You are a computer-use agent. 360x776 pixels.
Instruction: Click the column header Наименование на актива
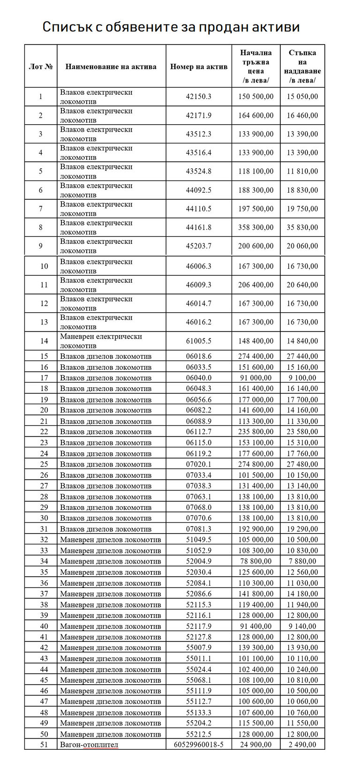pyautogui.click(x=111, y=67)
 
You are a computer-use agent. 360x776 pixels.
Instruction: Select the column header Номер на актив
pyautogui.click(x=199, y=67)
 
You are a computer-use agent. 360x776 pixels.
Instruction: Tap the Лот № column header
pyautogui.click(x=41, y=67)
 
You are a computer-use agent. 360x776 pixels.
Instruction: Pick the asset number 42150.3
pyautogui.click(x=199, y=97)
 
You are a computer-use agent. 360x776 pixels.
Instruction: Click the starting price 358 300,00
pyautogui.click(x=256, y=227)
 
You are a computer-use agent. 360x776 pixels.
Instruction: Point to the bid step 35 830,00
pyautogui.click(x=302, y=227)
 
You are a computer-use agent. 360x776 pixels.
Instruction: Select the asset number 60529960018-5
pyautogui.click(x=199, y=745)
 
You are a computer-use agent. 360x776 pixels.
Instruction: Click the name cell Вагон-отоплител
pyautogui.click(x=89, y=745)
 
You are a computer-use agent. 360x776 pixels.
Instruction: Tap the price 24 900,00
pyautogui.click(x=256, y=745)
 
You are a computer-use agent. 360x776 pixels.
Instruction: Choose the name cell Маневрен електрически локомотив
pyautogui.click(x=101, y=341)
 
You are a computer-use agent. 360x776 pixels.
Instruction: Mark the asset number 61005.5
pyautogui.click(x=199, y=341)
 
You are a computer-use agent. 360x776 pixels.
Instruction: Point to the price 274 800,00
pyautogui.click(x=256, y=464)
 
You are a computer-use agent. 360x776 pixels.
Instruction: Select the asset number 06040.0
pyautogui.click(x=199, y=378)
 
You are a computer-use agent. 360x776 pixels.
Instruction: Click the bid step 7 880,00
pyautogui.click(x=302, y=561)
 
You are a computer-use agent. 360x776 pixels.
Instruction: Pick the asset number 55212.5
pyautogui.click(x=199, y=734)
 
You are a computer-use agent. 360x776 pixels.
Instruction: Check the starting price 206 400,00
pyautogui.click(x=256, y=285)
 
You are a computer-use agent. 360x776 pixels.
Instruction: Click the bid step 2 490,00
pyautogui.click(x=302, y=745)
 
